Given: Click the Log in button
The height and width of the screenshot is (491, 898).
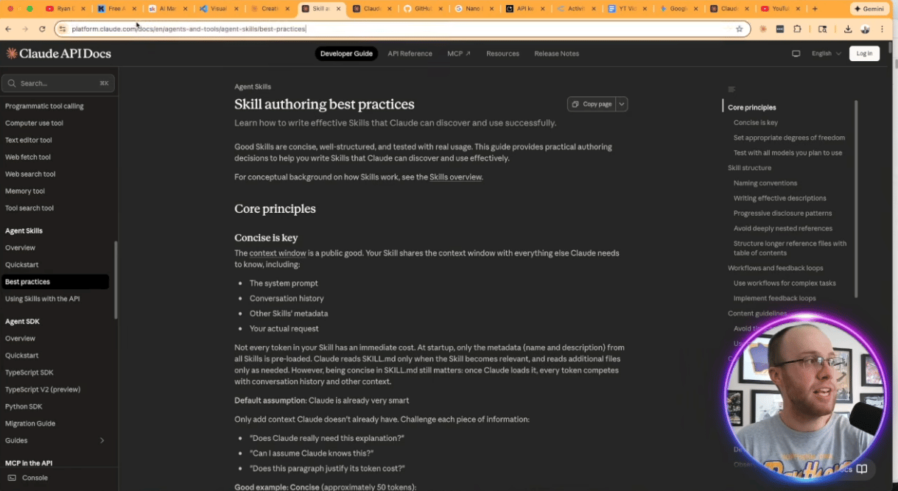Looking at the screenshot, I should [x=864, y=54].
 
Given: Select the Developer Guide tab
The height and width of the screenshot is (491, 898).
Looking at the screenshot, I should [x=346, y=54].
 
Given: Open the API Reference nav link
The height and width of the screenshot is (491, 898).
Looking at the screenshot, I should [x=410, y=54].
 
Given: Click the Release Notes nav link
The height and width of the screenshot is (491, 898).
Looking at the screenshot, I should [x=556, y=54].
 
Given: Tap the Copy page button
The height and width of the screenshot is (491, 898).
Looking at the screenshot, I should [x=592, y=105].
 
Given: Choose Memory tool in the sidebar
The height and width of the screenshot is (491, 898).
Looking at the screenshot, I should [x=25, y=191].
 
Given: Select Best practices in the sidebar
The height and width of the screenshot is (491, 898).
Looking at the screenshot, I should [x=28, y=282].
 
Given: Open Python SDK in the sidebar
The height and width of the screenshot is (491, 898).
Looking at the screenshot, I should [x=24, y=406].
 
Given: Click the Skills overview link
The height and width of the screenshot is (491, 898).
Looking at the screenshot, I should [x=455, y=177].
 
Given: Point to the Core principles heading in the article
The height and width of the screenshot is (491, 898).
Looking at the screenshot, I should [x=275, y=209].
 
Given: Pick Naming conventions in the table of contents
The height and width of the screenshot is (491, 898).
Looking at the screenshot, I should [x=765, y=183].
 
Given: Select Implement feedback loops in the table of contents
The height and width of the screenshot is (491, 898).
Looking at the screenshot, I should [x=774, y=298].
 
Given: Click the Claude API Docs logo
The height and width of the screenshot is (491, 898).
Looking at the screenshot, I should [x=54, y=54].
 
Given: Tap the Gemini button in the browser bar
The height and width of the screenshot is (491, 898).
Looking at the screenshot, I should [x=870, y=9].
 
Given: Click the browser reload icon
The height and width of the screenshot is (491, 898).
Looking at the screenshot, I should [x=42, y=29].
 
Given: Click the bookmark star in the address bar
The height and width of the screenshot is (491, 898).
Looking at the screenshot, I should [x=739, y=29].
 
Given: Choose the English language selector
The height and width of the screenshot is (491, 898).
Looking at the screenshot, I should [x=825, y=54].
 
